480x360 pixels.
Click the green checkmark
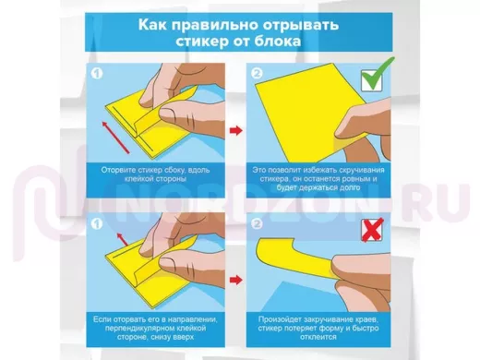tap(377, 77)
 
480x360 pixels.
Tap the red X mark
tap(372, 230)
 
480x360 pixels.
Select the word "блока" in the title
tap(277, 41)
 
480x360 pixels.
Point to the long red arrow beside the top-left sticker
tap(115, 138)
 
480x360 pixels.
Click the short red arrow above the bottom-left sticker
tap(122, 239)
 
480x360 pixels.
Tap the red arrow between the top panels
tap(236, 130)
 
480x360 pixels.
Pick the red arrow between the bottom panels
tap(236, 280)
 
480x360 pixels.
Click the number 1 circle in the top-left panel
tap(97, 74)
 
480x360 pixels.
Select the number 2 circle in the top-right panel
tap(257, 74)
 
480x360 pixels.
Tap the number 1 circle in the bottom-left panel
tap(97, 223)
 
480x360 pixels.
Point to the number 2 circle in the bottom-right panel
tap(257, 223)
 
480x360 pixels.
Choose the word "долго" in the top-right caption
tap(348, 187)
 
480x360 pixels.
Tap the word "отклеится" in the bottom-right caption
tap(318, 337)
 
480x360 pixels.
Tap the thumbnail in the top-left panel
tap(169, 114)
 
